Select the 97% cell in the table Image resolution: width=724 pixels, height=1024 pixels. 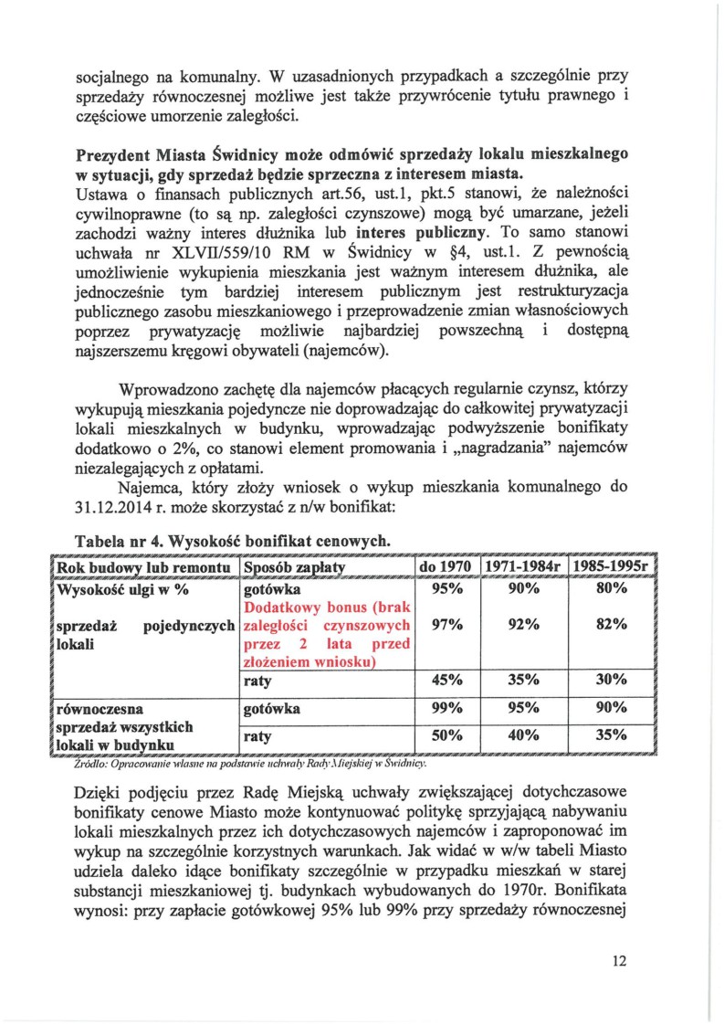pos(446,625)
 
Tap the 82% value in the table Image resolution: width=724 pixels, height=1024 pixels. pos(611,625)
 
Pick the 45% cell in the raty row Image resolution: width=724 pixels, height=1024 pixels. pos(446,681)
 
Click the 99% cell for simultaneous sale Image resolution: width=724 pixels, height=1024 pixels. pos(446,708)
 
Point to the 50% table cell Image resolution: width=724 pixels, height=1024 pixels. pos(446,735)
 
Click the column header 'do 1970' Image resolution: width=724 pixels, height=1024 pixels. pos(445,567)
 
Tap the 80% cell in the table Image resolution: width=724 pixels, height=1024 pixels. pos(611,589)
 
